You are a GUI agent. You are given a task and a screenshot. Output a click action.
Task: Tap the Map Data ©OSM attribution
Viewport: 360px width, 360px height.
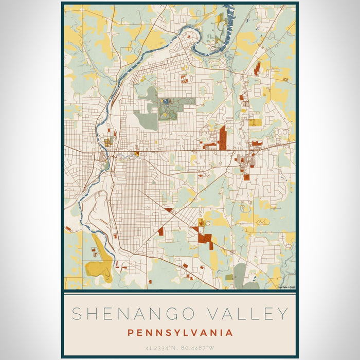pyautogui.click(x=286, y=287)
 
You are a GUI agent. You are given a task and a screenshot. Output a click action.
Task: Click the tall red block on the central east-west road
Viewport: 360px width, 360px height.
pyautogui.click(x=222, y=138)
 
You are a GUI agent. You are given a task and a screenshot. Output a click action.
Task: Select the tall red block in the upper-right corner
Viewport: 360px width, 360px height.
pyautogui.click(x=257, y=68)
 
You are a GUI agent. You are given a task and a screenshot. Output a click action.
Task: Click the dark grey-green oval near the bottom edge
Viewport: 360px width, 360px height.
pyautogui.click(x=240, y=273)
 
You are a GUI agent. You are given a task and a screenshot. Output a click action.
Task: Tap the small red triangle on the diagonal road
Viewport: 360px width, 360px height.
pyautogui.click(x=169, y=210)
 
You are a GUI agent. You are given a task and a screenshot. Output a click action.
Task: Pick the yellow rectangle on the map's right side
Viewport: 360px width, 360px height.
pyautogui.click(x=255, y=122)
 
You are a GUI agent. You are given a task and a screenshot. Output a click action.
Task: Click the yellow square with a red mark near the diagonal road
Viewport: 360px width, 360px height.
pyautogui.click(x=202, y=223)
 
